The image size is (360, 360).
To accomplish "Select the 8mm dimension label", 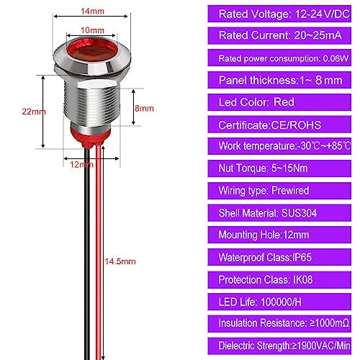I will click(144, 108).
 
